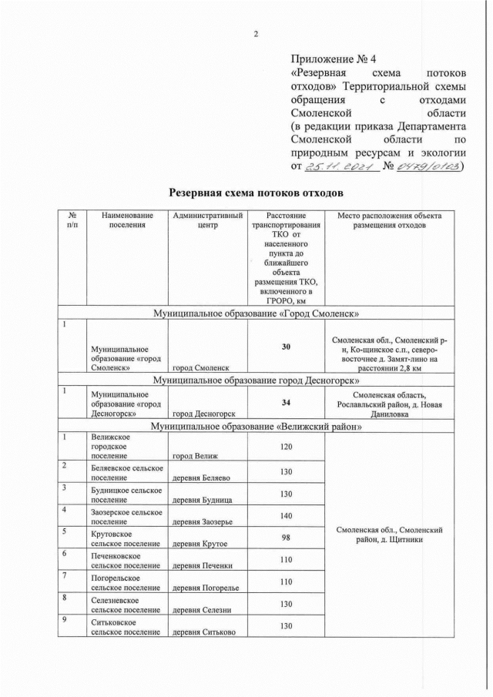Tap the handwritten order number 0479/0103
click(x=429, y=166)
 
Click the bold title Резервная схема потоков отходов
click(x=256, y=192)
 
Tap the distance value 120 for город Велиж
click(x=286, y=447)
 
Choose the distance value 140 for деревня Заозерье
click(x=286, y=517)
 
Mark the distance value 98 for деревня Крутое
click(x=286, y=539)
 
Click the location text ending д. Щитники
click(x=388, y=534)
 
